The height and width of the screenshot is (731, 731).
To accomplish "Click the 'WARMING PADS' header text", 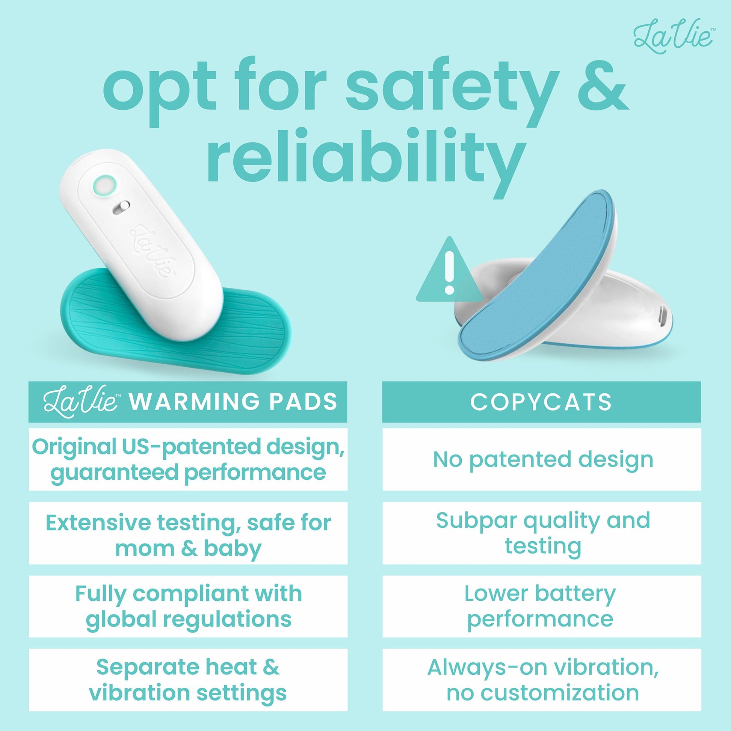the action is (233, 402).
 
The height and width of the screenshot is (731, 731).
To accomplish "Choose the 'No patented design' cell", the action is (541, 459).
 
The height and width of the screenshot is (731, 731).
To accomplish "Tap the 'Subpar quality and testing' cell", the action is (541, 533).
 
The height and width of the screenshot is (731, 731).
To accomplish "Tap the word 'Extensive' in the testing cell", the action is (95, 522).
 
